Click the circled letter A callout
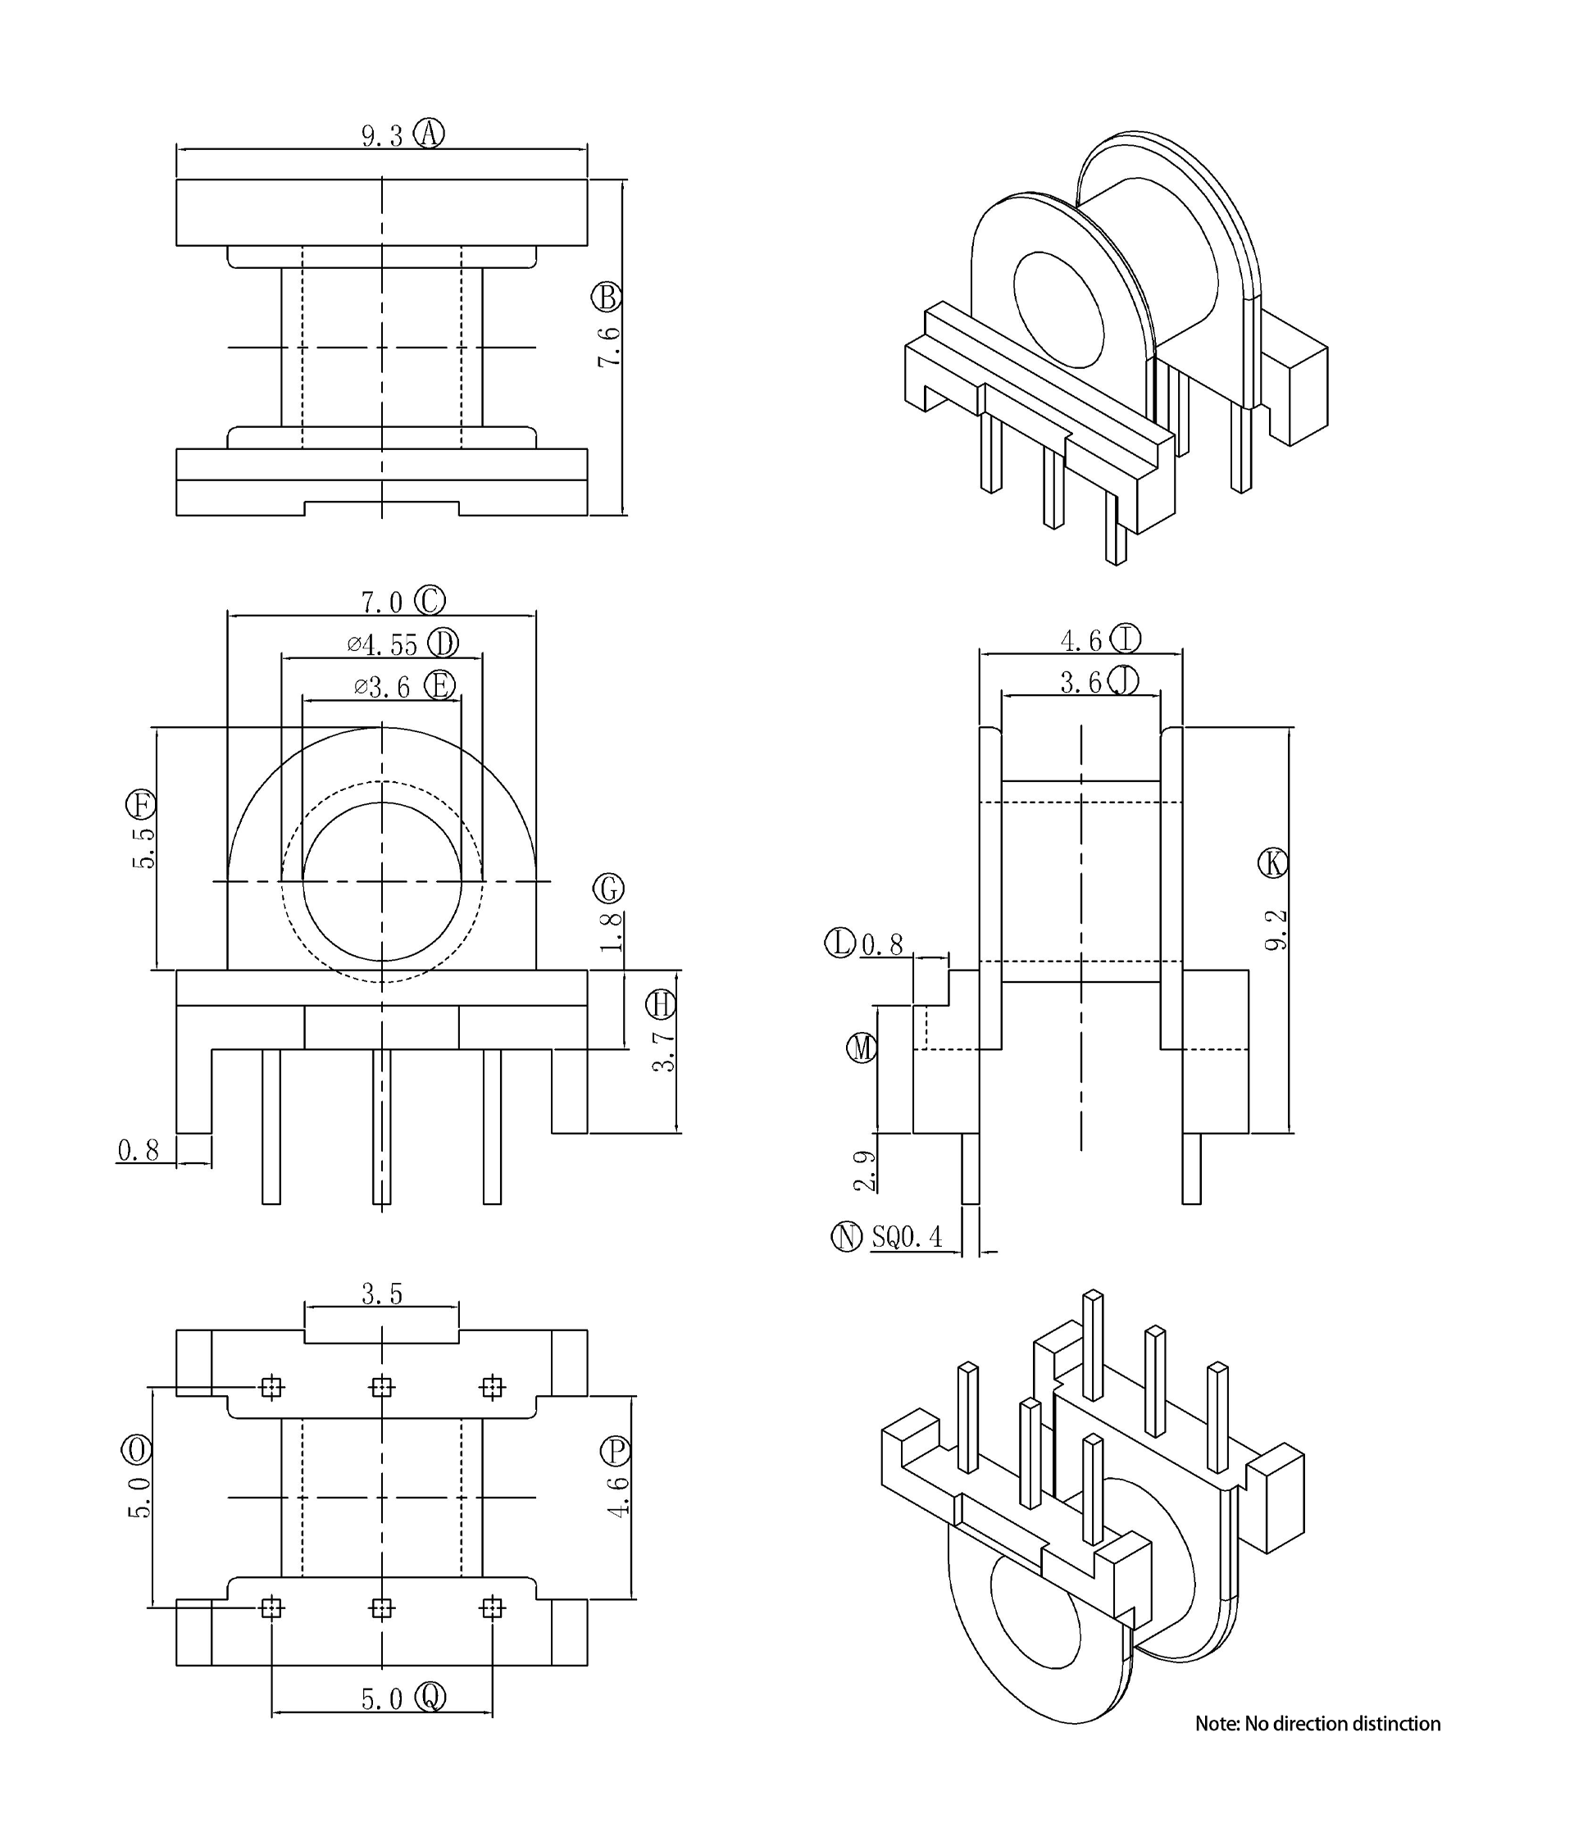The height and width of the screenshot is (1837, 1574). pyautogui.click(x=430, y=134)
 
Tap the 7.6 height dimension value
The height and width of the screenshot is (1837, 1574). pyautogui.click(x=608, y=347)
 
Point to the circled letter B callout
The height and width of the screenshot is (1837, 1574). pyautogui.click(x=607, y=297)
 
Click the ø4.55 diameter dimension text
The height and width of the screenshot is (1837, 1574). pyautogui.click(x=382, y=644)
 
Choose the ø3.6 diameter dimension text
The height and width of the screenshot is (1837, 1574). pyautogui.click(x=382, y=687)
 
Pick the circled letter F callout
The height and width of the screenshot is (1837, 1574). pyautogui.click(x=141, y=805)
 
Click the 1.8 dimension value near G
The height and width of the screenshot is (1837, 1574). pyautogui.click(x=611, y=932)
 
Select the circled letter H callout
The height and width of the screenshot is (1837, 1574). pyautogui.click(x=661, y=1004)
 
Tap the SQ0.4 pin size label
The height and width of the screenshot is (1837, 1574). pyautogui.click(x=908, y=1237)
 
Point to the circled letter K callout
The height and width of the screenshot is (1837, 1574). pyautogui.click(x=1274, y=862)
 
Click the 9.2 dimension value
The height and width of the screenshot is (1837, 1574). pyautogui.click(x=1275, y=930)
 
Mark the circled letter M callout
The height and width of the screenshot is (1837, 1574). pyautogui.click(x=862, y=1048)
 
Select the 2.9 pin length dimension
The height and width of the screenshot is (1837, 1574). pyautogui.click(x=865, y=1171)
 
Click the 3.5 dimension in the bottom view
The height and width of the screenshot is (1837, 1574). pyautogui.click(x=382, y=1294)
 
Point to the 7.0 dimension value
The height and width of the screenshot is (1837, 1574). pyautogui.click(x=382, y=602)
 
